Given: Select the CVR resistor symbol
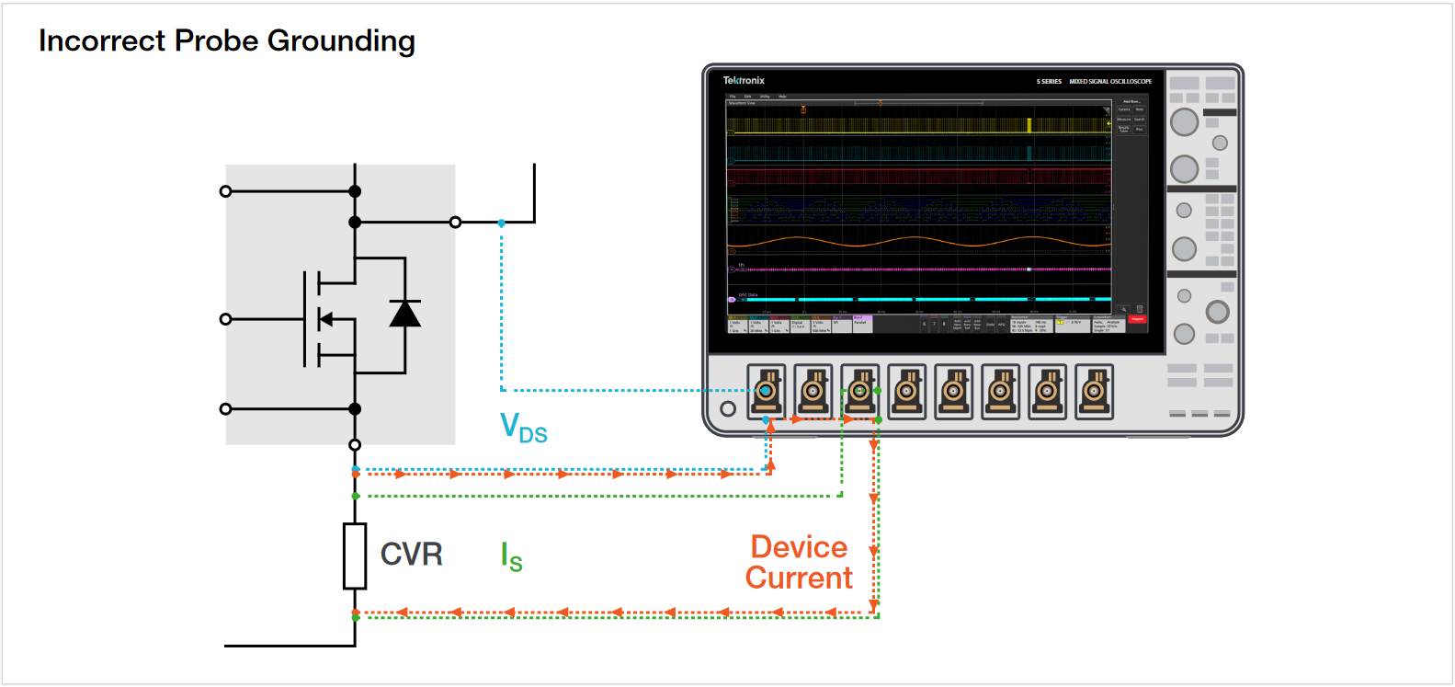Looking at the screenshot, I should [355, 555].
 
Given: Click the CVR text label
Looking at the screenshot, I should [411, 555].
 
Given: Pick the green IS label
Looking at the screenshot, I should [511, 557].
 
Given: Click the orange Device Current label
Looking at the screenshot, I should [799, 562].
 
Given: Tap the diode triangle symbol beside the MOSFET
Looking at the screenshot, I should [404, 314].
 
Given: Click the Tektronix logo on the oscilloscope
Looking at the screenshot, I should [744, 81].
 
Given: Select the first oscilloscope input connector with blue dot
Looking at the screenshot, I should [766, 391].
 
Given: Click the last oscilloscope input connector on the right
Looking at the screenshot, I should [1094, 391].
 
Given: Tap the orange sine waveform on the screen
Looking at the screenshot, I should [919, 243].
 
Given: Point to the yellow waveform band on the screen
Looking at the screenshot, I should [919, 126].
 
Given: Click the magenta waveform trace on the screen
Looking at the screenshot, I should [919, 269].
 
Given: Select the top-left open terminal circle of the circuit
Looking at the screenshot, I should [226, 191].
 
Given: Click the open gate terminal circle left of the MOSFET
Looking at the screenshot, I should [226, 319].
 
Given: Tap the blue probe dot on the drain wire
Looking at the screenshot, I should [501, 223].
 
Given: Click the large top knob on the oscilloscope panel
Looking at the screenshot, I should [1184, 121].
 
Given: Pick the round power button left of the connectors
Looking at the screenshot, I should [728, 408].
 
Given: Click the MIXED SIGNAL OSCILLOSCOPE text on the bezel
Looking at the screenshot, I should [1109, 82].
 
